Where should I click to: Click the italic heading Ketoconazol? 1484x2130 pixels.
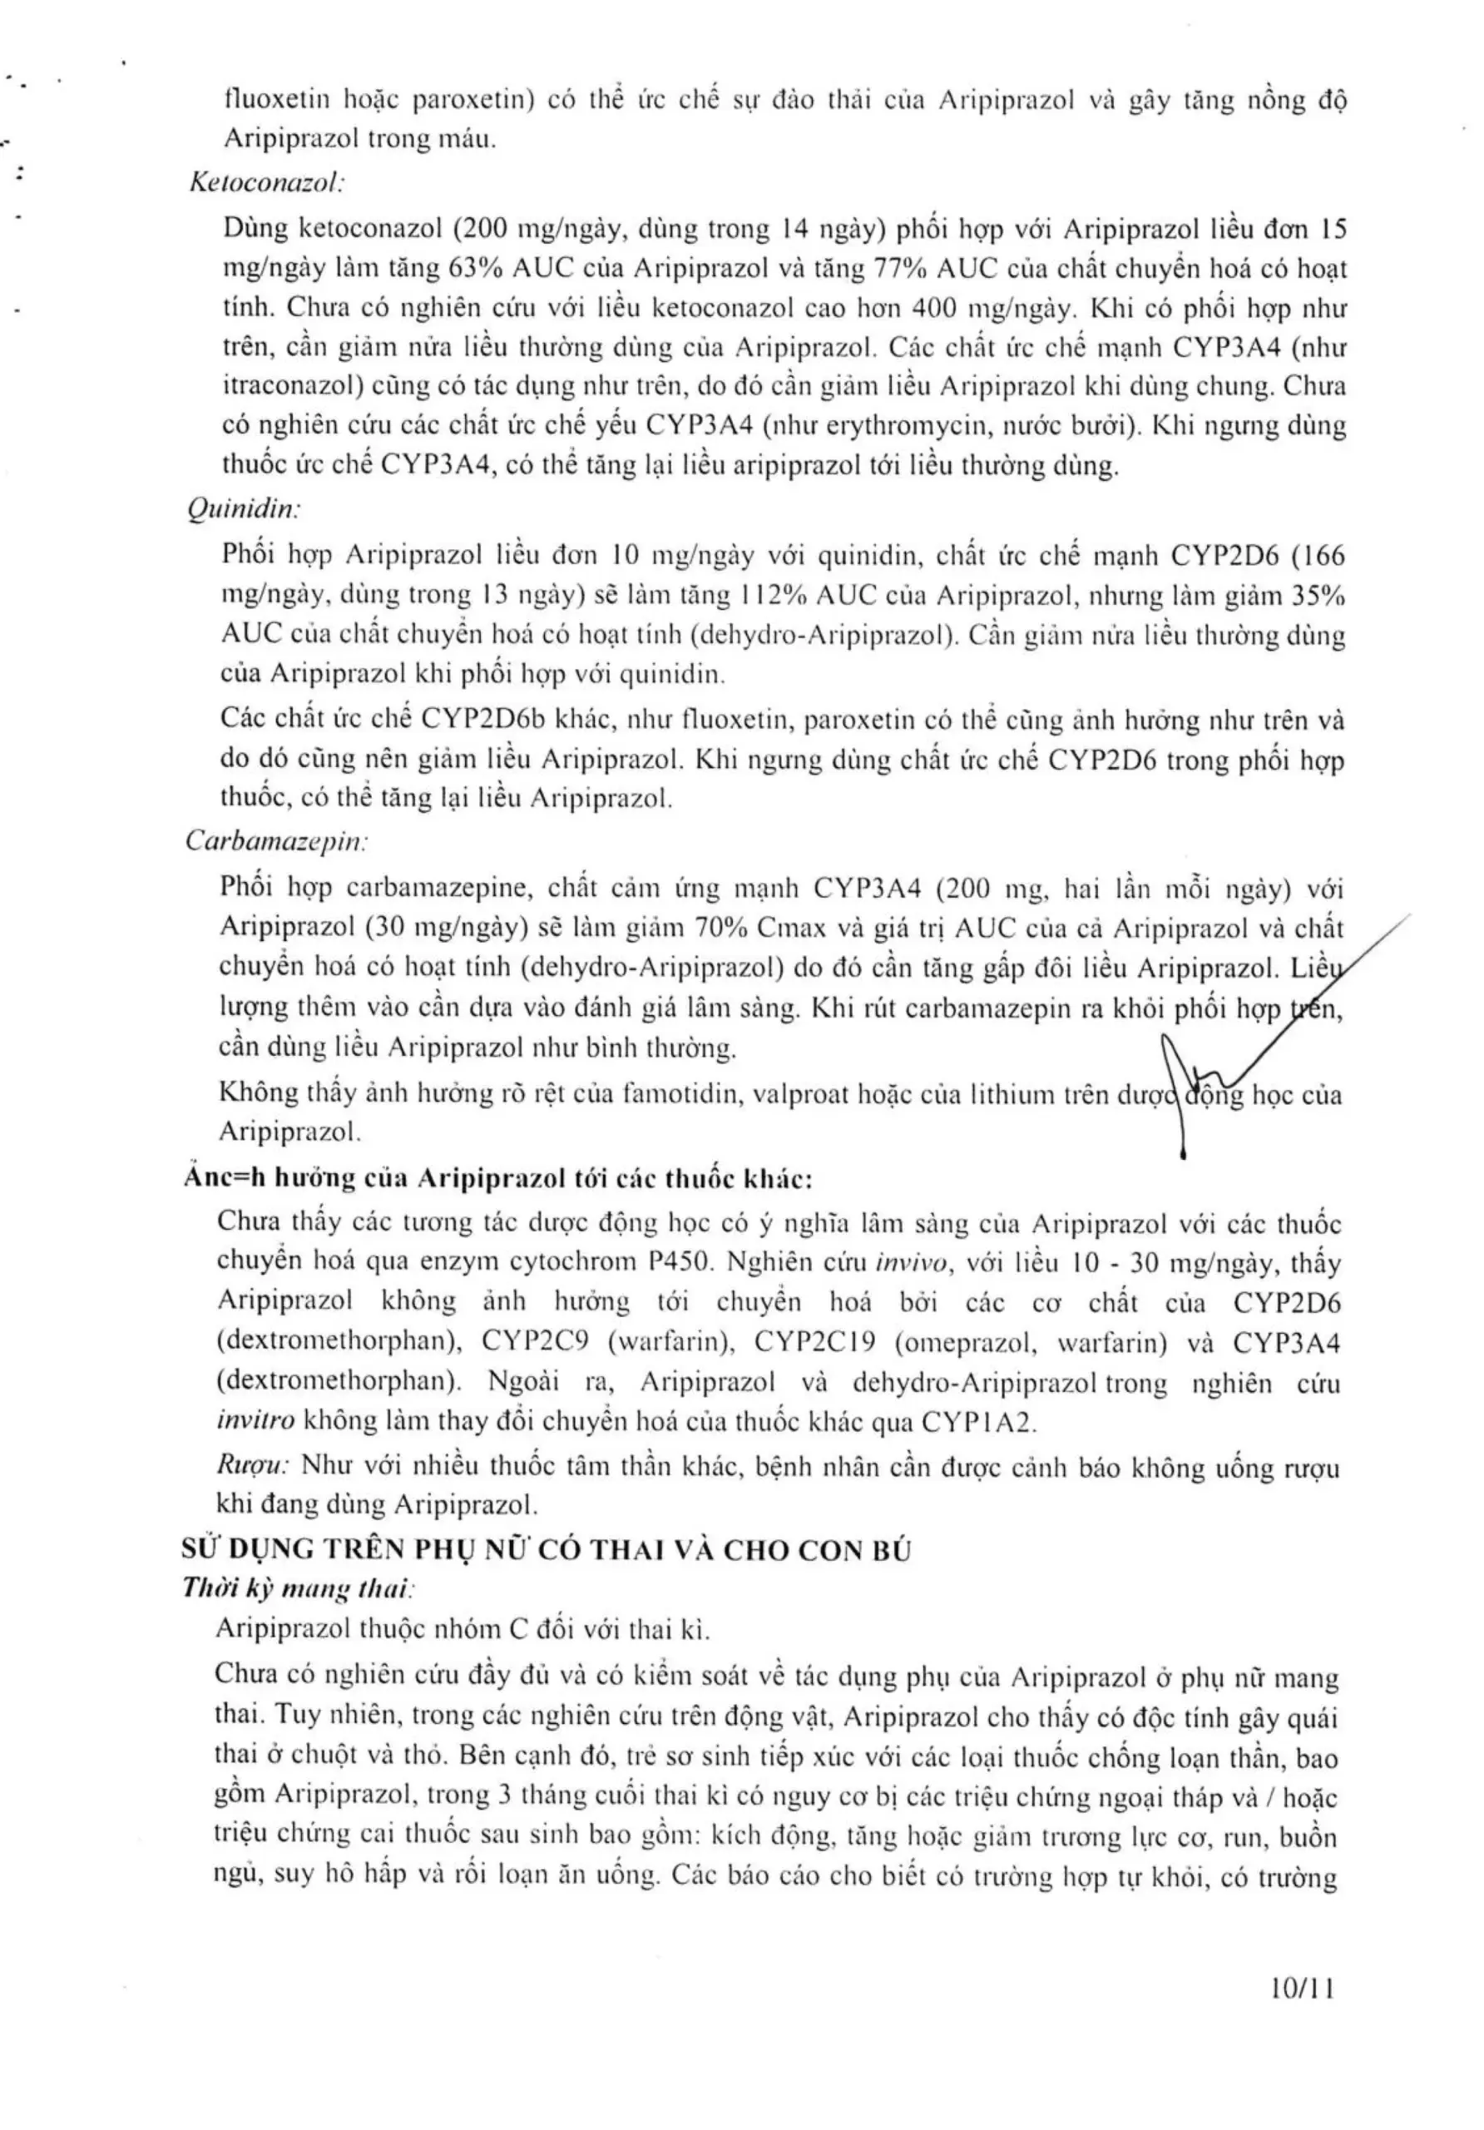266,183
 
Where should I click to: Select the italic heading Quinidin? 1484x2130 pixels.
243,508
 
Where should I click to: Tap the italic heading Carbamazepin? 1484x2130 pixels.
275,840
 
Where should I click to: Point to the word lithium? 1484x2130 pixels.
1011,1095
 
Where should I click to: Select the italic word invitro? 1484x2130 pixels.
255,1421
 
